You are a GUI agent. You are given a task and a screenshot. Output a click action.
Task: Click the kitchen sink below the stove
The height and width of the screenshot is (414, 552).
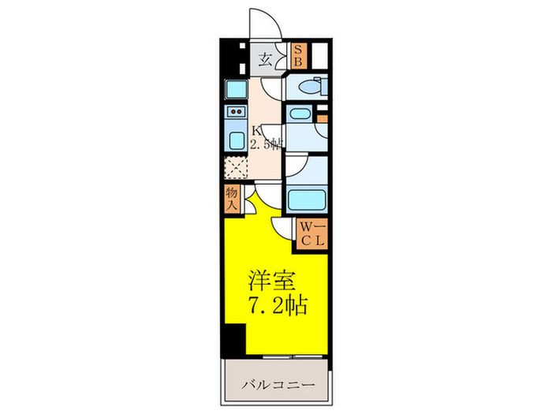click(235, 141)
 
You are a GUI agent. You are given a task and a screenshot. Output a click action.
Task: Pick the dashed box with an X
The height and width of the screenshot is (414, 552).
click(235, 167)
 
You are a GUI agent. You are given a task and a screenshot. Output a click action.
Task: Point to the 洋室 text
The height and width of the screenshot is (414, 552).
click(272, 280)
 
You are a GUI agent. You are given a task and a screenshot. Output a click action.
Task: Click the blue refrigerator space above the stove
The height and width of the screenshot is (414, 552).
click(236, 89)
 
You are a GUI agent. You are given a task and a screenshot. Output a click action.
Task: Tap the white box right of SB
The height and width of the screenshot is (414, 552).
click(319, 55)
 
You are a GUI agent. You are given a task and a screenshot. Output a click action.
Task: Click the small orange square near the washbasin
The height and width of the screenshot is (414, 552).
click(321, 119)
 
